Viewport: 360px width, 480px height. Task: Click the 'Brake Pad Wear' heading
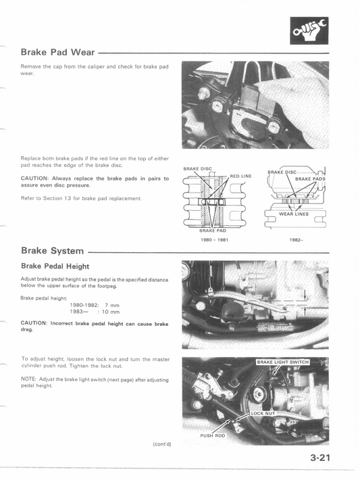click(57, 51)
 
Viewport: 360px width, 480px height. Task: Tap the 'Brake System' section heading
click(53, 250)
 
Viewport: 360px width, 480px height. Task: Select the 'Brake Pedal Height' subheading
click(55, 266)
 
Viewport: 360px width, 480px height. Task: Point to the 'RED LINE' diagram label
click(240, 176)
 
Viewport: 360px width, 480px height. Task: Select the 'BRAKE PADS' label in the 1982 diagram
click(310, 179)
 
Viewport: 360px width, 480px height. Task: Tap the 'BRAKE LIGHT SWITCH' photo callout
click(282, 362)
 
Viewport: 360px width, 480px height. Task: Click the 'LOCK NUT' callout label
click(263, 412)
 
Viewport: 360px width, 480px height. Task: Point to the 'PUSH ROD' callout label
click(212, 436)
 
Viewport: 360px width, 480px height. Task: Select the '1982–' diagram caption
click(295, 240)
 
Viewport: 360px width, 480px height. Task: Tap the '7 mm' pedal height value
click(111, 305)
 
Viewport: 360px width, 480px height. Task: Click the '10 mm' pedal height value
click(111, 312)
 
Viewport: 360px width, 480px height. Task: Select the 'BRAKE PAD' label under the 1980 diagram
click(212, 231)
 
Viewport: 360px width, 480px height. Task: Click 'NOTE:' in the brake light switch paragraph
click(30, 380)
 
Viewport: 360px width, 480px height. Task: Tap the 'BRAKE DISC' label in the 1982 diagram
click(282, 172)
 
